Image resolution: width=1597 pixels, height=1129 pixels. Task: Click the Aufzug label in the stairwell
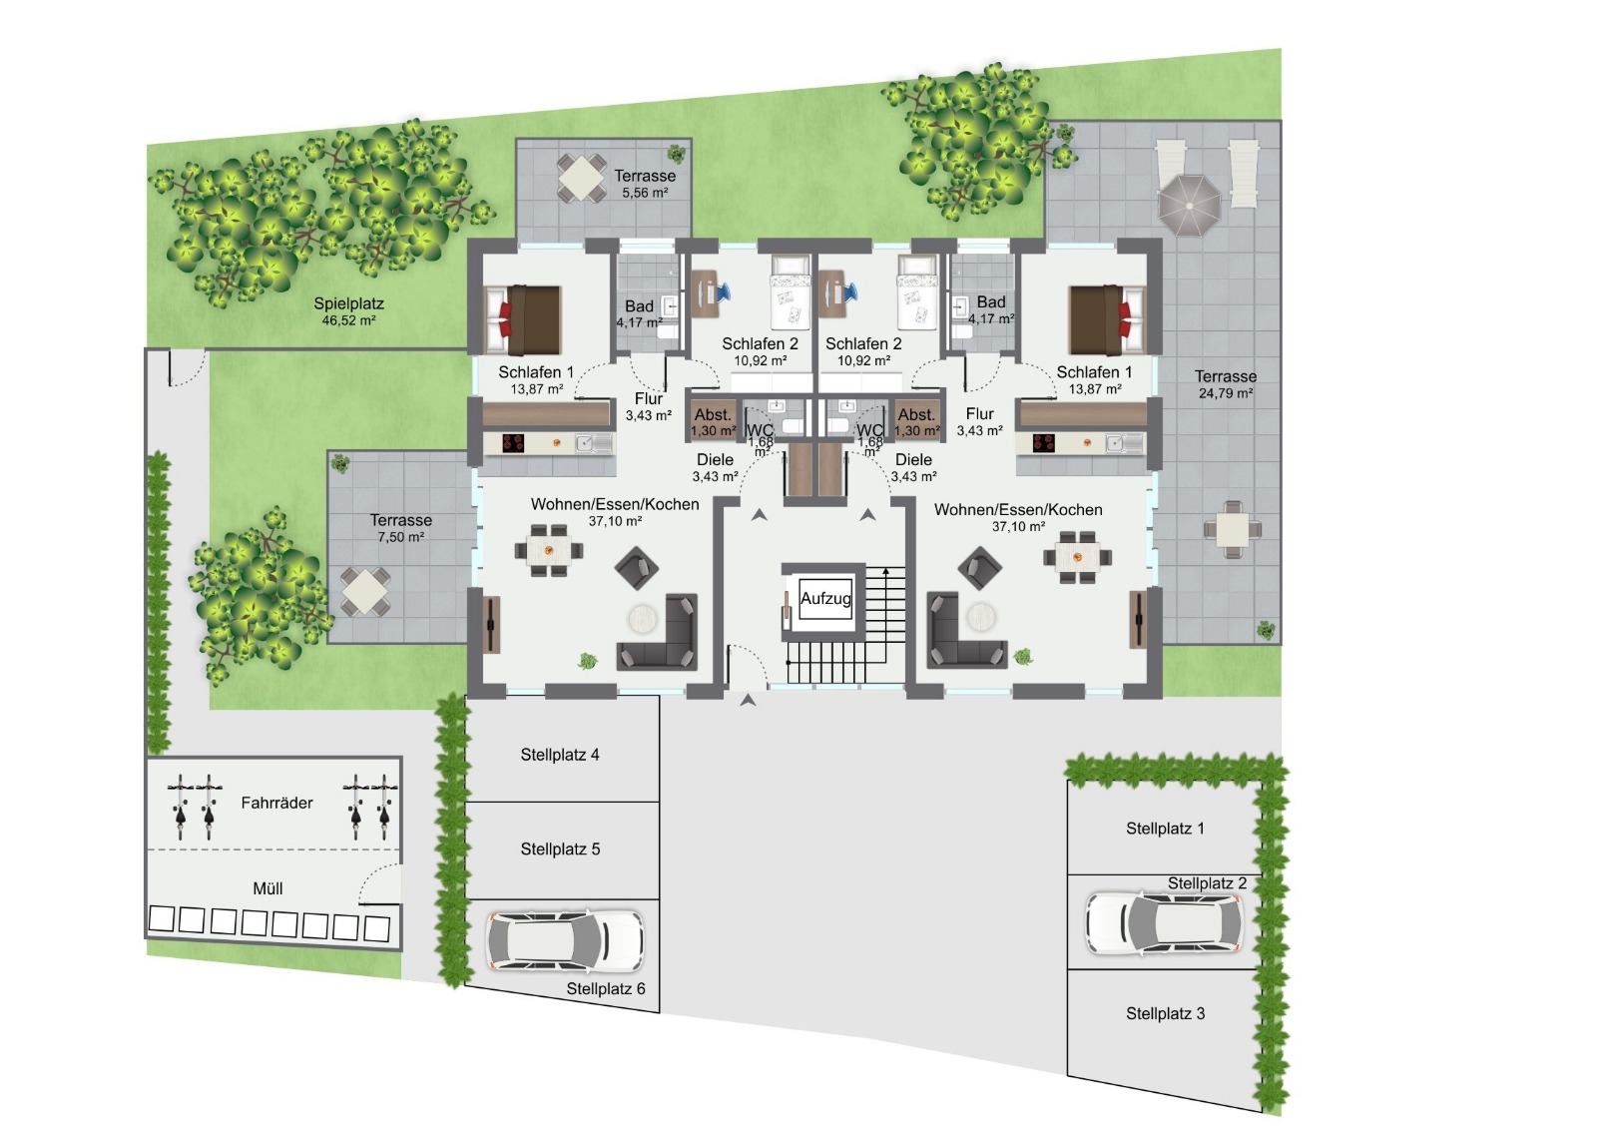click(x=825, y=598)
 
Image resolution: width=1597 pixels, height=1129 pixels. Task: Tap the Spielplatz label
click(x=348, y=303)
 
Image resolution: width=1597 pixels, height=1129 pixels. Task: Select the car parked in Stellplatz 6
click(x=564, y=940)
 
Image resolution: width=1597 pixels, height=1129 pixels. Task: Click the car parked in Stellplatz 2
click(x=1164, y=923)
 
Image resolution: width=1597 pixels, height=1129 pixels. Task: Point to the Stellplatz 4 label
click(x=560, y=755)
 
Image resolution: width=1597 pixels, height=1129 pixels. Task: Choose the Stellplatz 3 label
click(x=1165, y=1013)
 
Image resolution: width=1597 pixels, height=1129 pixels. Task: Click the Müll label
click(x=267, y=888)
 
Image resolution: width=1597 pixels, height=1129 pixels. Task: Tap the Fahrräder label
click(x=276, y=803)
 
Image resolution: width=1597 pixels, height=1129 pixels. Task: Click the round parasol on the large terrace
click(x=1189, y=206)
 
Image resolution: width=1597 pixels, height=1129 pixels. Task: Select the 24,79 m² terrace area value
click(x=1226, y=393)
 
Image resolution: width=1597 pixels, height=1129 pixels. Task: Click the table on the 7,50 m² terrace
click(x=365, y=591)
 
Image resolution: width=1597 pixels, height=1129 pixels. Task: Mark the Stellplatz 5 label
click(x=560, y=849)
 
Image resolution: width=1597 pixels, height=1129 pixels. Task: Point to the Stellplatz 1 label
click(x=1165, y=829)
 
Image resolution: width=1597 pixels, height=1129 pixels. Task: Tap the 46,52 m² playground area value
click(x=348, y=321)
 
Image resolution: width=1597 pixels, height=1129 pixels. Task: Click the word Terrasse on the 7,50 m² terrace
click(x=400, y=521)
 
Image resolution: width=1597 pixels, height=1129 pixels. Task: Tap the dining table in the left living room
click(x=548, y=551)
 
